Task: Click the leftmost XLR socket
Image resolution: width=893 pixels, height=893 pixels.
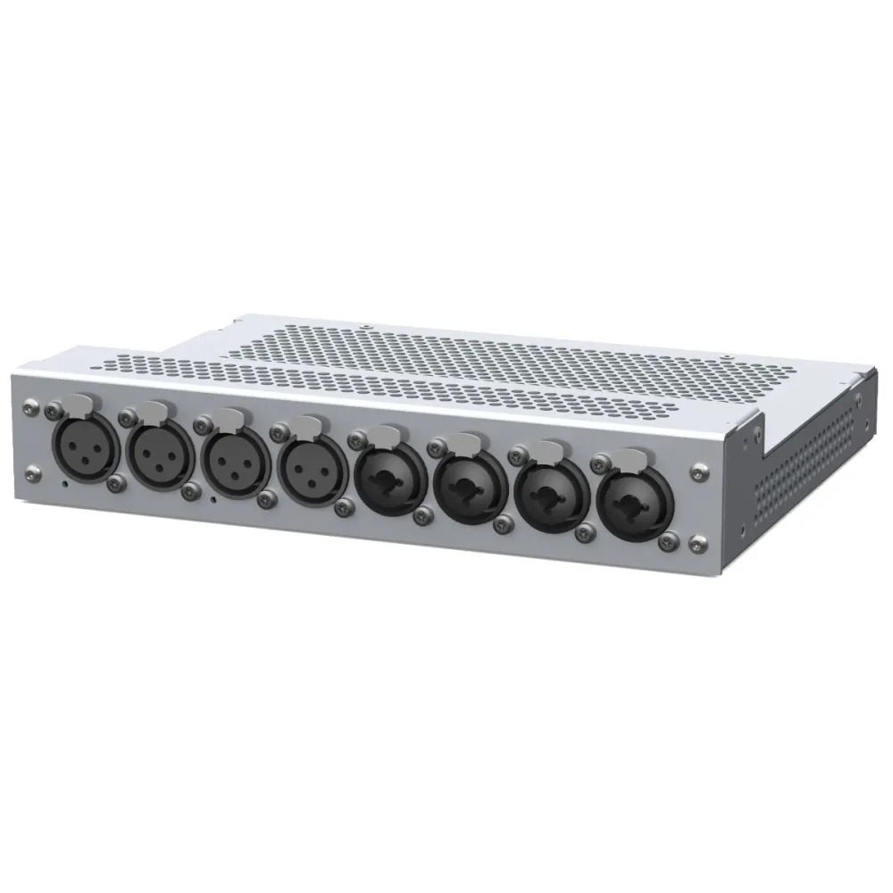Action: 87,446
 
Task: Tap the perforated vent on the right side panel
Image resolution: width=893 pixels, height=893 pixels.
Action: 804,473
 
